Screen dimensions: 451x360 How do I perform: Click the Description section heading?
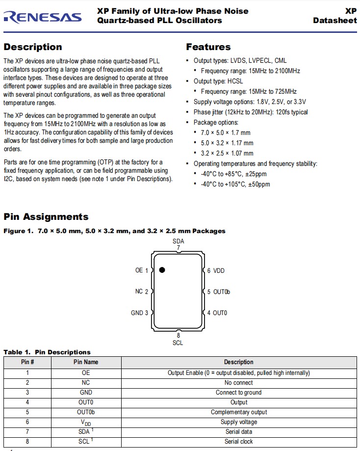(33, 47)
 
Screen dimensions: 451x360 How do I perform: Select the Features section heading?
(208, 47)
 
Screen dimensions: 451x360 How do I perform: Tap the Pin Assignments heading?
(46, 217)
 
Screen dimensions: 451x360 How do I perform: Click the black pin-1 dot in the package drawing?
(162, 270)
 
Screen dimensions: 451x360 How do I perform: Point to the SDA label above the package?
(179, 241)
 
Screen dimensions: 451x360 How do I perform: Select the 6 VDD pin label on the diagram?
(215, 270)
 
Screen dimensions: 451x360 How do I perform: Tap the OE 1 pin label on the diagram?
(141, 270)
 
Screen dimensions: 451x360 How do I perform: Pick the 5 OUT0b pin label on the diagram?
(218, 292)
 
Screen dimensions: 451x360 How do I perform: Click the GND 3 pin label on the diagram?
(139, 313)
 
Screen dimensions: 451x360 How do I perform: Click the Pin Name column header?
(86, 362)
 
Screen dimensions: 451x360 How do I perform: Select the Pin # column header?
(27, 362)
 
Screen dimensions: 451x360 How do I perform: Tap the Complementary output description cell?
(239, 412)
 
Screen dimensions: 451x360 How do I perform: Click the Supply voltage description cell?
(239, 422)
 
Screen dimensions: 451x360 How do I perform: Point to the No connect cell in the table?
(239, 383)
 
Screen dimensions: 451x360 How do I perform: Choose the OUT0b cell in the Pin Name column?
(86, 412)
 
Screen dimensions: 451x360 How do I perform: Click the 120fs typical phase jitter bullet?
(251, 112)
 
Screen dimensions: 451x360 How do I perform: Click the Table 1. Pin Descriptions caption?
(47, 352)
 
